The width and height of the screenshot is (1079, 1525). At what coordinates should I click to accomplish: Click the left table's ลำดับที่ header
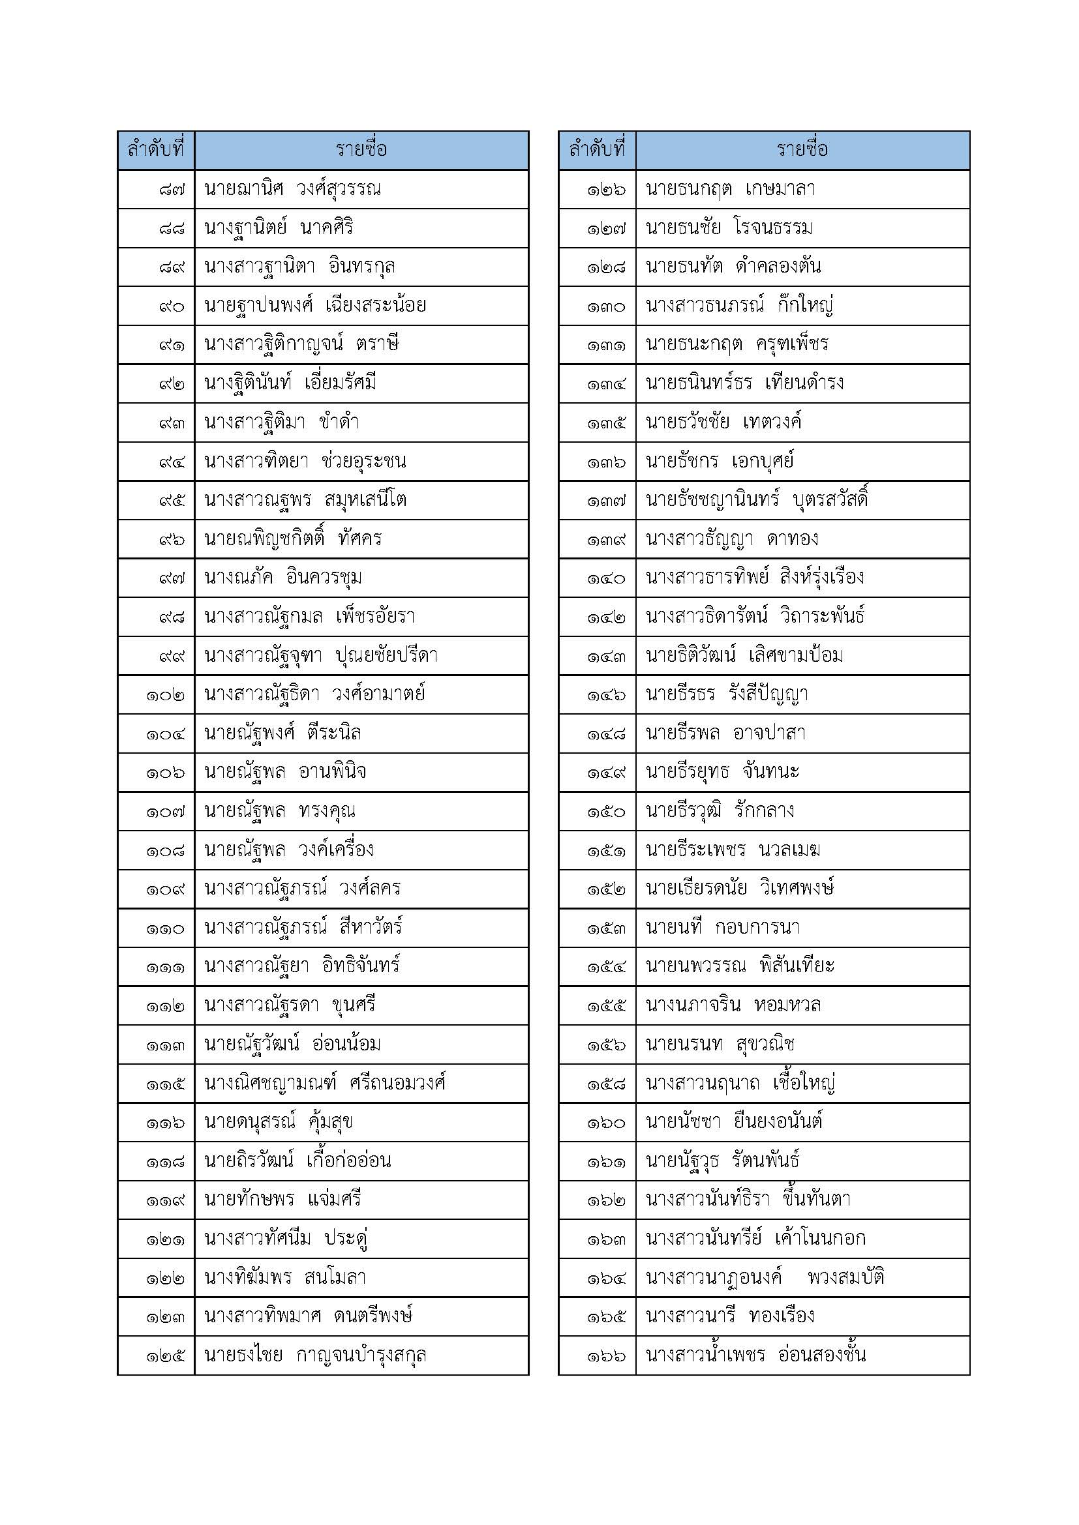(155, 149)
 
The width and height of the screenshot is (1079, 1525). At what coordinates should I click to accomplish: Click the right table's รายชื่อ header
(802, 149)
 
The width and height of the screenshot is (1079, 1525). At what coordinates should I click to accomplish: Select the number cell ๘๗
(172, 189)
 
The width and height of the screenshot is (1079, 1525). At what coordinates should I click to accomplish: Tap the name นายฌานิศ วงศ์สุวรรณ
(292, 189)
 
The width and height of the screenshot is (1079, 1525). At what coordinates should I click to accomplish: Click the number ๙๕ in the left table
(172, 500)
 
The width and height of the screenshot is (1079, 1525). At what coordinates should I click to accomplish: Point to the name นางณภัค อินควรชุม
(283, 578)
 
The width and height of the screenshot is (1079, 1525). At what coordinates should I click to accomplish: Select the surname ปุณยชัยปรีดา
(386, 655)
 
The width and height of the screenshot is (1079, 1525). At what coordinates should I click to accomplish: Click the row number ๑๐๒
(166, 695)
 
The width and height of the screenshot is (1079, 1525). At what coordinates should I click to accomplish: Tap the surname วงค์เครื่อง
(336, 850)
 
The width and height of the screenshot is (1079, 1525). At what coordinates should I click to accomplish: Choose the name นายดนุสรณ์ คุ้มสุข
(279, 1123)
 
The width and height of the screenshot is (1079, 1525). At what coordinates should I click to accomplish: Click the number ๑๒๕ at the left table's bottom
(166, 1355)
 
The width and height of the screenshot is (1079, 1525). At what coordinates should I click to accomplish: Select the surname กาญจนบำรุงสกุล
(361, 1355)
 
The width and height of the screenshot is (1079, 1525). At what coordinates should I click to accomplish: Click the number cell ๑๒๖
(606, 189)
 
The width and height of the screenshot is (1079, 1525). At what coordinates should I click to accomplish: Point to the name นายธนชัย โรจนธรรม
(729, 228)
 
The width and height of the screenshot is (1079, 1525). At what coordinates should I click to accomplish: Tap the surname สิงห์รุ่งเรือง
(822, 578)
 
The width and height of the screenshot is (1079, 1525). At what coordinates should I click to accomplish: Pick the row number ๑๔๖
(606, 695)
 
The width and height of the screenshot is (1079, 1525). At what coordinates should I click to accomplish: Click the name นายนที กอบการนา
(722, 928)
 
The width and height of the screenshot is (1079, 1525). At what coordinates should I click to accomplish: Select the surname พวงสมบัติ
(846, 1278)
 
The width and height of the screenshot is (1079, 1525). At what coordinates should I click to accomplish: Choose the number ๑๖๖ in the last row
(606, 1355)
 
